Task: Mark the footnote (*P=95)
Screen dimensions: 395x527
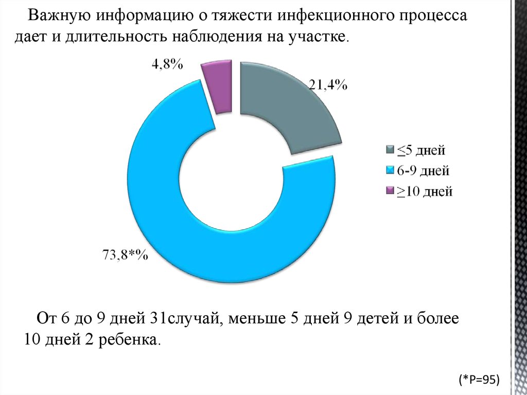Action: [479, 380]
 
